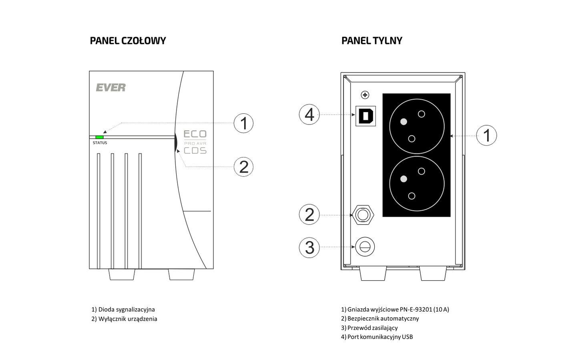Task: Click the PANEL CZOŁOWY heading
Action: [x=128, y=40]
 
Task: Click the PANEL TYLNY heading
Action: [x=371, y=40]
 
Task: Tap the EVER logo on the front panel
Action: [x=110, y=87]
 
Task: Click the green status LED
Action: [x=99, y=137]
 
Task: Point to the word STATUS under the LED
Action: [x=100, y=143]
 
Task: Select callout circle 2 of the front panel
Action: [x=243, y=166]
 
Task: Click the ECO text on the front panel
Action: [x=195, y=134]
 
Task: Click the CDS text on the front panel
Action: [x=195, y=151]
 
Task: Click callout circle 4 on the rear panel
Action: [x=309, y=115]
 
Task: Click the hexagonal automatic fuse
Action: [x=363, y=215]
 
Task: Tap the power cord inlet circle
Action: [x=364, y=247]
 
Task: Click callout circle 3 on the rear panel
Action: [x=309, y=247]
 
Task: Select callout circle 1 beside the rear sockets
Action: [x=487, y=135]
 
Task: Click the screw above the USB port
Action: [x=365, y=95]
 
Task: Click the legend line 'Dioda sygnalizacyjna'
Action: [x=123, y=310]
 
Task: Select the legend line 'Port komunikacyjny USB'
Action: [x=377, y=337]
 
